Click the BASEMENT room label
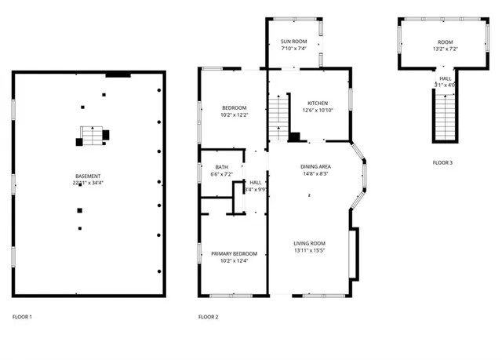(87, 176)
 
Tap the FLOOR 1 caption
(22, 317)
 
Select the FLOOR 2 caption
(208, 317)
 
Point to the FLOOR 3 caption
(442, 162)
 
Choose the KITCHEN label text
(317, 103)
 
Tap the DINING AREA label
(316, 166)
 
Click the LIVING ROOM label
(310, 243)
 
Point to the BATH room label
(222, 167)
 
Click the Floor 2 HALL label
(256, 182)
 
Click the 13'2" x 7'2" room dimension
(444, 49)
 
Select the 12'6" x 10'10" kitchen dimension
(318, 110)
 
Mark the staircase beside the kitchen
(280, 116)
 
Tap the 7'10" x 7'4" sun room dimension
(294, 48)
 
